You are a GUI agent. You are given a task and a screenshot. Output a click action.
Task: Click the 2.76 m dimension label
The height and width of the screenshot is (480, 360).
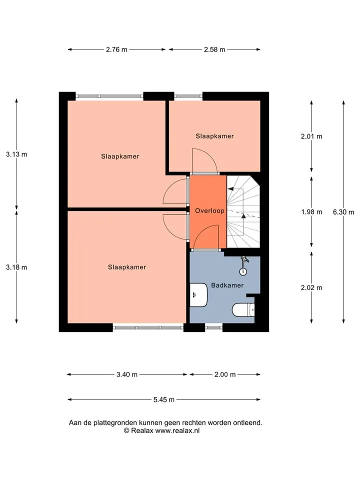coord(116,49)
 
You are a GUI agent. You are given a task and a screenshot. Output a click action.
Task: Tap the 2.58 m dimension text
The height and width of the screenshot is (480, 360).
coord(214,49)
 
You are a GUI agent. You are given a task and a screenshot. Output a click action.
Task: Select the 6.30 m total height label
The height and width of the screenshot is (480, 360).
coord(343,212)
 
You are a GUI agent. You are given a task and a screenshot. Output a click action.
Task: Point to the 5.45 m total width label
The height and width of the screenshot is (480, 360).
coord(164,399)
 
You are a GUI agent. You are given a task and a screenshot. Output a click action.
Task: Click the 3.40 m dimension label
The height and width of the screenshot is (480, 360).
coord(126,374)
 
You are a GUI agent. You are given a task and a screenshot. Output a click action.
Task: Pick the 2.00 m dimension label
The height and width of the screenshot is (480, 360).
coord(225,374)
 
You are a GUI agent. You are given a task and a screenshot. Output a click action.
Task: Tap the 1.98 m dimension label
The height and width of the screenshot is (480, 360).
coord(311,212)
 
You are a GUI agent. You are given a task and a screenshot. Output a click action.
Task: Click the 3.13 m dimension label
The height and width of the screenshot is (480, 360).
coord(16,154)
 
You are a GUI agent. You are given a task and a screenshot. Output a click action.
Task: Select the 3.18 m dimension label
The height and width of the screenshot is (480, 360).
coord(16,267)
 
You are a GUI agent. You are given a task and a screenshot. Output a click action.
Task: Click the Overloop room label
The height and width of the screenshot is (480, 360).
coord(209,210)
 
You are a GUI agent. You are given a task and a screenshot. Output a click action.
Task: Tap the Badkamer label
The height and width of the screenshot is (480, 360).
coord(227,285)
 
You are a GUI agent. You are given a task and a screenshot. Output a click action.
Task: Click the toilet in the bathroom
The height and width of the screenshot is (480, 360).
coord(243,310)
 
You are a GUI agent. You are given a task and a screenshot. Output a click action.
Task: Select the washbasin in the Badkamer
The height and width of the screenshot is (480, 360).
coord(198,295)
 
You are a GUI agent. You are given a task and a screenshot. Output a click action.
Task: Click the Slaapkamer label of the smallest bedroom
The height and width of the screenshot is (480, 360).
coord(214,136)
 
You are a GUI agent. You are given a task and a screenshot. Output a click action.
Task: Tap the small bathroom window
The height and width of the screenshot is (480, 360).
coord(213,327)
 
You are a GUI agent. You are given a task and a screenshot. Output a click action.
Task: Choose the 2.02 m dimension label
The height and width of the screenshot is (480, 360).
coord(311,288)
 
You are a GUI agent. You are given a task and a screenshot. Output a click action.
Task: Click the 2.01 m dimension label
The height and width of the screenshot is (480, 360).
coord(311,136)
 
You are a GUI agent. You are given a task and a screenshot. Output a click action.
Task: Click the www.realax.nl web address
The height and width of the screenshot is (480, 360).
coord(177,430)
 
